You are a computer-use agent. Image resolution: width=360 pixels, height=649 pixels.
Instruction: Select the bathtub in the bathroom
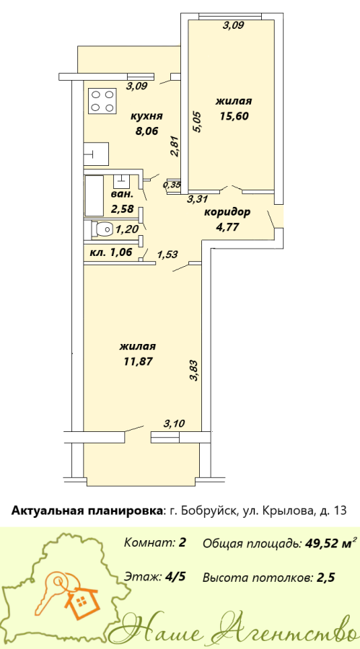(94, 195)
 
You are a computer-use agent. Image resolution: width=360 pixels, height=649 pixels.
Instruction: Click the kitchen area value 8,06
(146, 132)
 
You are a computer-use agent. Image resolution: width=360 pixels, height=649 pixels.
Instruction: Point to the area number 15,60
(234, 116)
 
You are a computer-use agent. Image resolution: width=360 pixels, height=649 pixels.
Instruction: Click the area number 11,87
(139, 361)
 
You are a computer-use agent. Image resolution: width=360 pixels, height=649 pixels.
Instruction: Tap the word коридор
(227, 213)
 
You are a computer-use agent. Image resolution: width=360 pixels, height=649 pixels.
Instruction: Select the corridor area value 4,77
(228, 227)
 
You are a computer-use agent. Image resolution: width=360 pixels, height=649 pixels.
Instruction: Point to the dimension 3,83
(197, 371)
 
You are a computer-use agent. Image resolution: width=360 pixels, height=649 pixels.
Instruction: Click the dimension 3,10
(175, 423)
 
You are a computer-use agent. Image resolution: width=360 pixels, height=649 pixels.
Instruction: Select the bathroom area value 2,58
(122, 208)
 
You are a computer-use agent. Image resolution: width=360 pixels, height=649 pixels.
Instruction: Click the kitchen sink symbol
(96, 154)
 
